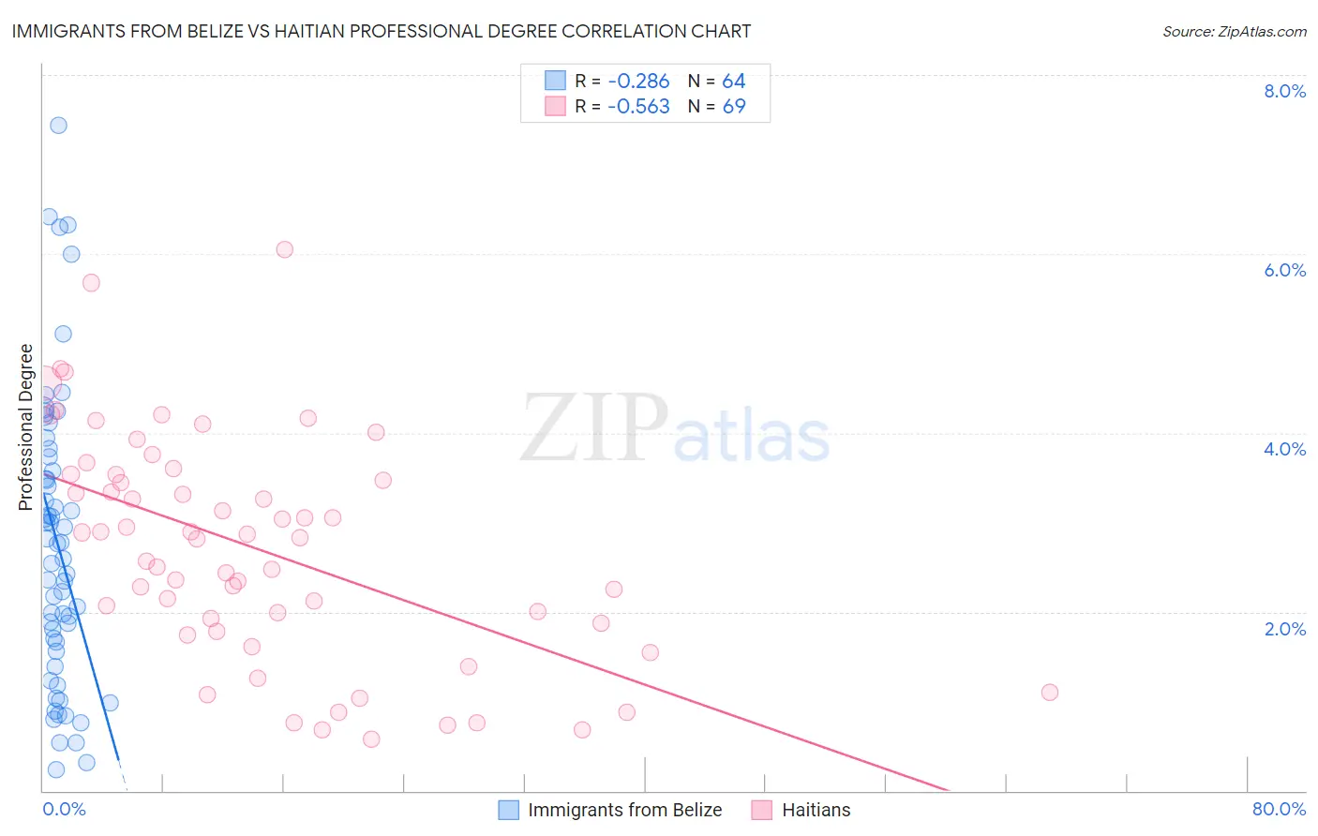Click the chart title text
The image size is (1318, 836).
coord(382,31)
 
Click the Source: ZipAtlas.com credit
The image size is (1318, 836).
coord(1234,32)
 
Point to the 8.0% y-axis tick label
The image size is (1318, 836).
coord(1284,91)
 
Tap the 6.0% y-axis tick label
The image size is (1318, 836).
coord(1284,270)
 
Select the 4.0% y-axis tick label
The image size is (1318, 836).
coord(1284,449)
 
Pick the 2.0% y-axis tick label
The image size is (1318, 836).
coord(1284,629)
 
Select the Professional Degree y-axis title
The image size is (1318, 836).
coord(25,427)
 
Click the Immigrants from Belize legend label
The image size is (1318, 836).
coord(624,810)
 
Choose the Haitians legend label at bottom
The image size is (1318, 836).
coord(816,810)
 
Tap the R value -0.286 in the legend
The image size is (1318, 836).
coord(638,82)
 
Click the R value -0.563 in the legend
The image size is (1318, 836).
coord(638,107)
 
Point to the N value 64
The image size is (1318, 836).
coord(733,82)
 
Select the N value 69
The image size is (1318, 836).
coord(733,107)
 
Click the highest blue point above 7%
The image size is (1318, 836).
coord(58,126)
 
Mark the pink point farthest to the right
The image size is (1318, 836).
coord(1050,693)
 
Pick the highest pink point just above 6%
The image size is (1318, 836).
coord(285,249)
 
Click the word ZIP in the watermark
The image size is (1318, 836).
coord(593,428)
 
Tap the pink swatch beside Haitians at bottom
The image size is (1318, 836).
coord(761,810)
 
